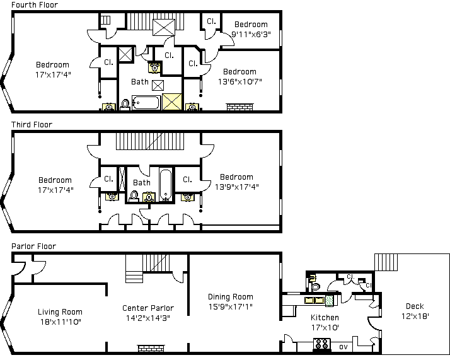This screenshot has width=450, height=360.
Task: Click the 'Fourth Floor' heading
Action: pyautogui.click(x=35, y=4)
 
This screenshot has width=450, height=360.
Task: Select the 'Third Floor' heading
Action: pyautogui.click(x=32, y=125)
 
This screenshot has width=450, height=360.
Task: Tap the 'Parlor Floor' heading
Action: pyautogui.click(x=33, y=247)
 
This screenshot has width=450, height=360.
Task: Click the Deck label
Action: pyautogui.click(x=415, y=306)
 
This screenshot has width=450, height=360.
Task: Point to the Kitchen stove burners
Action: pyautogui.click(x=321, y=344)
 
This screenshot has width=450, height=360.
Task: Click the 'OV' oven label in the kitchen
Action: pyautogui.click(x=343, y=347)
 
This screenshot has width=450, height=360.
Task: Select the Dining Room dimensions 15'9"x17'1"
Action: pyautogui.click(x=231, y=306)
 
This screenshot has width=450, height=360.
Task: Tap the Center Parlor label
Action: pyautogui.click(x=148, y=308)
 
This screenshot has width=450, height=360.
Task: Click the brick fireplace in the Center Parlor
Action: pyautogui.click(x=151, y=348)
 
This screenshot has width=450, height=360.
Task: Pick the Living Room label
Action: pyautogui.click(x=60, y=312)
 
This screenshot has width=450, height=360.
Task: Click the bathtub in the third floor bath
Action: pyautogui.click(x=166, y=185)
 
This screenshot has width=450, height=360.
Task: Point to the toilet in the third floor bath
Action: pyautogui.click(x=134, y=196)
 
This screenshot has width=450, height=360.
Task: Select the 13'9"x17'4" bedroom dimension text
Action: pyautogui.click(x=237, y=187)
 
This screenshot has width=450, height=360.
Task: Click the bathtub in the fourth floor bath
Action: pyautogui.click(x=146, y=103)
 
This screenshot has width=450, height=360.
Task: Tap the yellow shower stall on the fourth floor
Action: pyautogui.click(x=172, y=102)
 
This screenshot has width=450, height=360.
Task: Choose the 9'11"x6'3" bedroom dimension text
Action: pyautogui.click(x=251, y=35)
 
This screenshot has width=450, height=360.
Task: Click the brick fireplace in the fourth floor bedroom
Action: pyautogui.click(x=239, y=107)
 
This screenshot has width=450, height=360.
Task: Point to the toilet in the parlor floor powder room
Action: pyautogui.click(x=315, y=286)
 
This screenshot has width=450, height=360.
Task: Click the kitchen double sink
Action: pyautogui.click(x=314, y=300)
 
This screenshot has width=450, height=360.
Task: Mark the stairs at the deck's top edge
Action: pyautogui.click(x=386, y=262)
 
